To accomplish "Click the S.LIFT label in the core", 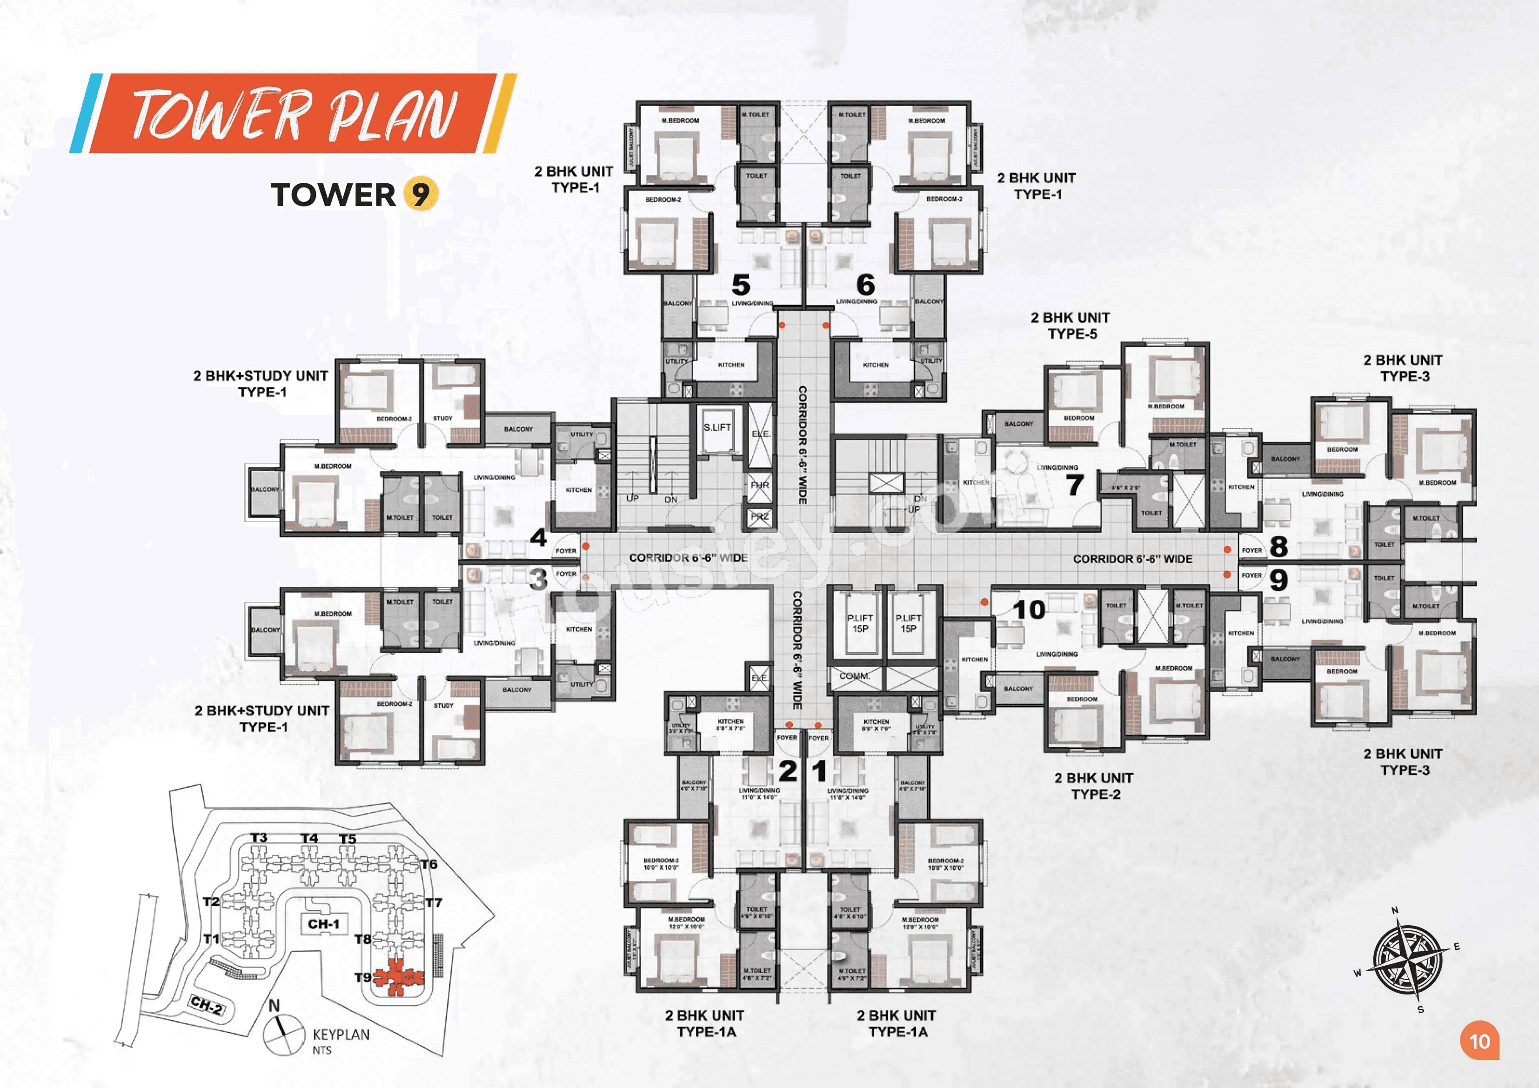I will click(717, 427).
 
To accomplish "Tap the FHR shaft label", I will click(759, 485).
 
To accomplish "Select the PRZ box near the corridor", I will click(759, 516).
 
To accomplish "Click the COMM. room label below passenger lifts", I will click(854, 676).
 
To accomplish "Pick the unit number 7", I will click(1075, 485).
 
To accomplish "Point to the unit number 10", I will click(1029, 610).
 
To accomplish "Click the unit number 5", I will click(741, 285).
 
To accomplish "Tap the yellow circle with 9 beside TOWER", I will click(420, 195).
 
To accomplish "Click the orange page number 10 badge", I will click(1479, 1041).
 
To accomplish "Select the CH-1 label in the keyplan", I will click(324, 924).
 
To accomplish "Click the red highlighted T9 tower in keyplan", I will click(398, 977).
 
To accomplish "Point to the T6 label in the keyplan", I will click(428, 864).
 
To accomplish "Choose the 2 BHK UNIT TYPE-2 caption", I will click(1093, 786).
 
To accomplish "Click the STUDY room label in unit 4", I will click(442, 418).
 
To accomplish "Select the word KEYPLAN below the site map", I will click(341, 1035).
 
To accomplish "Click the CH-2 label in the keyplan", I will click(207, 1005).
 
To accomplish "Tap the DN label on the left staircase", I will click(670, 500).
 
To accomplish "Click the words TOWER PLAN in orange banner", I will click(294, 114).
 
